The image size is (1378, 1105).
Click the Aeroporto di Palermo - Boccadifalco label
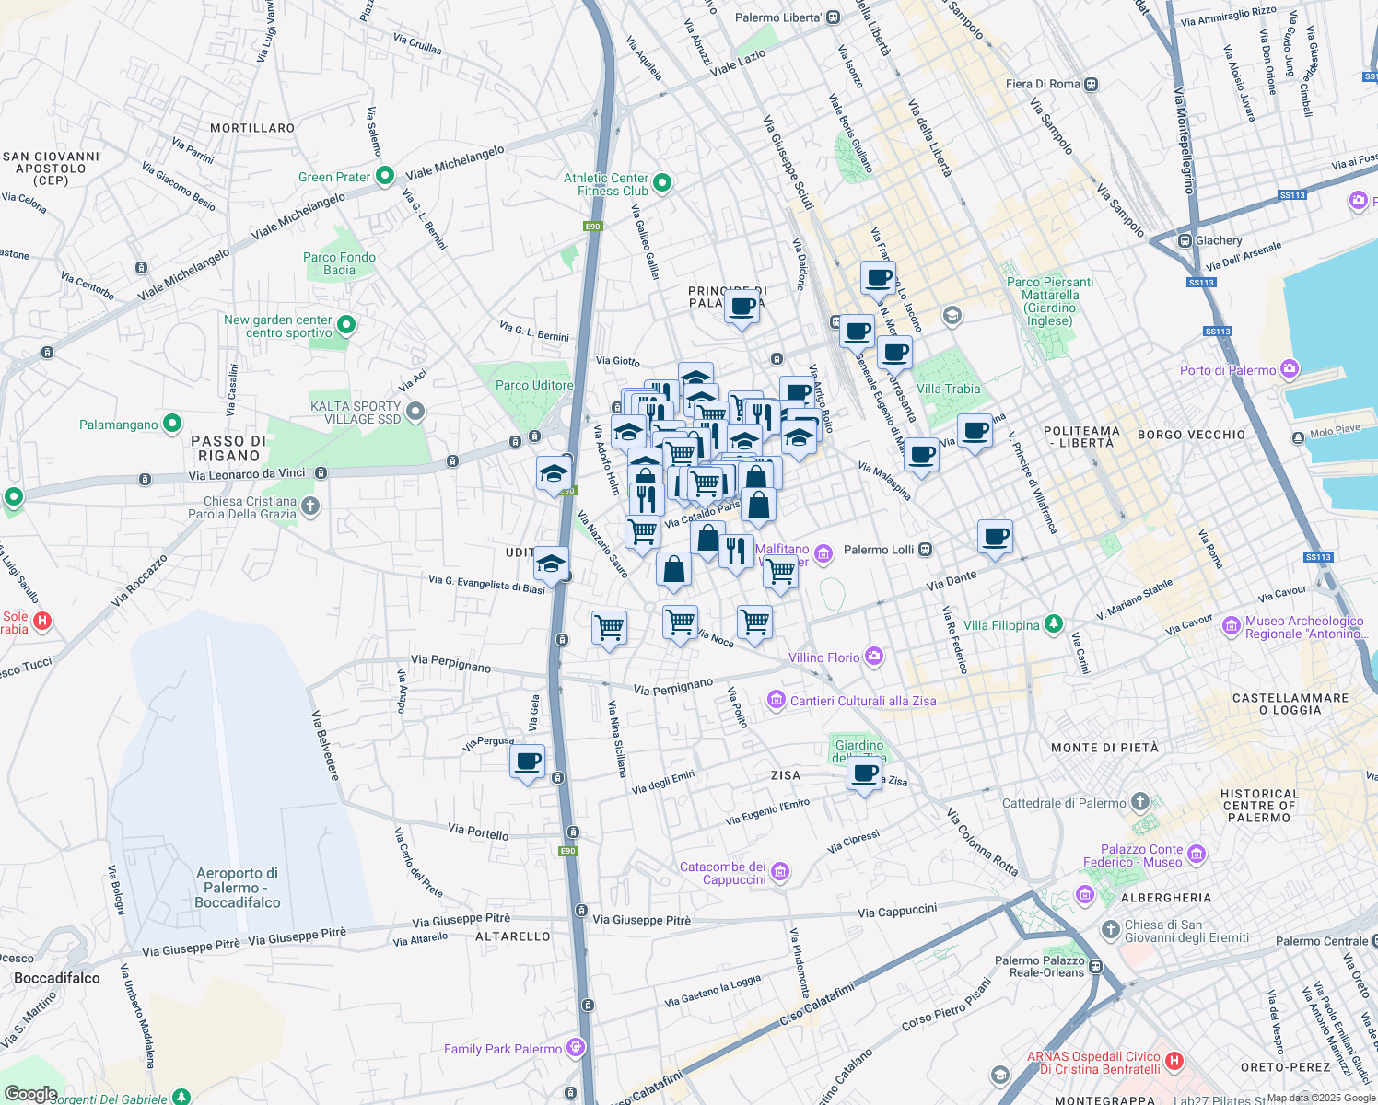coord(238,888)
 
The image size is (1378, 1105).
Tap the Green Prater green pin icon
coord(385,175)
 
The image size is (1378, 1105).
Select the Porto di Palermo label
coord(1228,370)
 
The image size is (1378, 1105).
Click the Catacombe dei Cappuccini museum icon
coord(780,871)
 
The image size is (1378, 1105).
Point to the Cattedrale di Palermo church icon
coord(1140,802)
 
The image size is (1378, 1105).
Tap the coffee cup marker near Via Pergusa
coord(528,762)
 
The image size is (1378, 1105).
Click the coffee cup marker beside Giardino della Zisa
coord(865,773)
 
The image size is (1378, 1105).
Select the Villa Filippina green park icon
coord(1054,624)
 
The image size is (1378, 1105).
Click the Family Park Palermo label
coord(502,1049)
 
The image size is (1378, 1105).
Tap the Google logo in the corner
coord(30,1094)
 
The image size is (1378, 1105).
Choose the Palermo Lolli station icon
coord(926,550)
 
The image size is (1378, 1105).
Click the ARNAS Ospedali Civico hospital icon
coord(1174,1061)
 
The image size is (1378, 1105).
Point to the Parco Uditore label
coord(534,385)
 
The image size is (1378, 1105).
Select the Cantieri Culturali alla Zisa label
coord(863,701)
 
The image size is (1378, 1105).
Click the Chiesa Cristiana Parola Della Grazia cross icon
coord(310,506)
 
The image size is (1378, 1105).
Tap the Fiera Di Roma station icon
coord(1091,84)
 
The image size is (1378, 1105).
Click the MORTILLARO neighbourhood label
coord(252,128)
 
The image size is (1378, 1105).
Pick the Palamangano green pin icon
coord(172,424)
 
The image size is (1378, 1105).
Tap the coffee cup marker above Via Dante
coord(995,537)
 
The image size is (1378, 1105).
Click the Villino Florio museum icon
coord(874,657)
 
